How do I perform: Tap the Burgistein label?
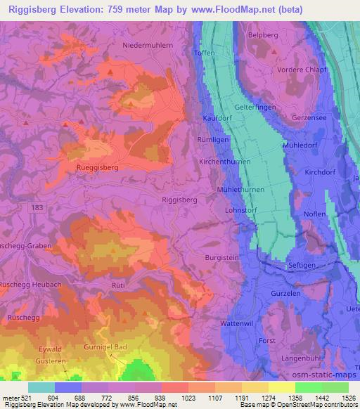(222, 258)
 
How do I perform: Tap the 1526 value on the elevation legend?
(348, 397)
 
